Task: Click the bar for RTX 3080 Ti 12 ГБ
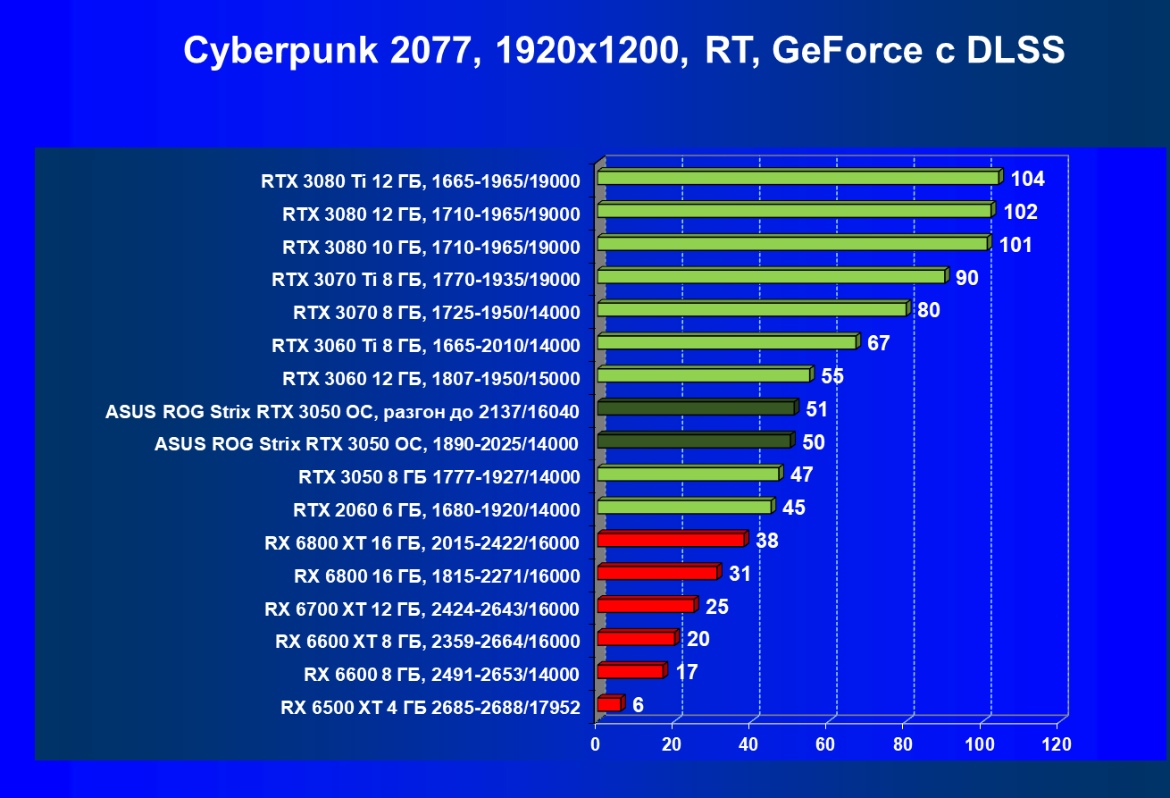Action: [x=798, y=178]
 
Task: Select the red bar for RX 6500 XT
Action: [x=608, y=704]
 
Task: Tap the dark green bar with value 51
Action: [x=696, y=408]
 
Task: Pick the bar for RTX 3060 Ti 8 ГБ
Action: [x=726, y=342]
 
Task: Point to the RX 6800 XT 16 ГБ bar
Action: [x=671, y=540]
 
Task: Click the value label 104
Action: [x=1028, y=179]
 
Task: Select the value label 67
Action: [x=879, y=343]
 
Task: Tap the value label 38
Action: [x=767, y=540]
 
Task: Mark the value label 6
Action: [x=638, y=705]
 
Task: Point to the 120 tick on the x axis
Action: [x=1057, y=744]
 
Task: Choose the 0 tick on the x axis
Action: [x=596, y=744]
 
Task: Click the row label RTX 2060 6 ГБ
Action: [x=437, y=510]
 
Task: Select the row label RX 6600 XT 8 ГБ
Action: [x=428, y=641]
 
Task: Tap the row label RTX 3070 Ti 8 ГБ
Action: [x=426, y=280]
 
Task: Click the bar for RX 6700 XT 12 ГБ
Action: [x=645, y=606]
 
